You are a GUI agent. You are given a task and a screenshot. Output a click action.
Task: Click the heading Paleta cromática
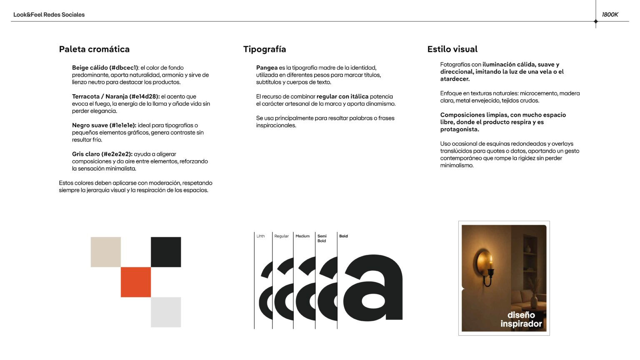pos(94,49)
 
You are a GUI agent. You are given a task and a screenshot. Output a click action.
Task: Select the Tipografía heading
pos(265,49)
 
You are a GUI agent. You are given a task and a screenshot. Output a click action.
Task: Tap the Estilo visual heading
pos(452,49)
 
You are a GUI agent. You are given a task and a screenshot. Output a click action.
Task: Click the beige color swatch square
pos(106,252)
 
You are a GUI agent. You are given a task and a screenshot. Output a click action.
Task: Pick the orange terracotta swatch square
pos(136,282)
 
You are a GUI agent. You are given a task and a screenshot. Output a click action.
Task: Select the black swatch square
pos(166,252)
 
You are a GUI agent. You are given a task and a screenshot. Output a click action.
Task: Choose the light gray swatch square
pos(166,312)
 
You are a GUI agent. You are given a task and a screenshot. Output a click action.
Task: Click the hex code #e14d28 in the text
pos(144,97)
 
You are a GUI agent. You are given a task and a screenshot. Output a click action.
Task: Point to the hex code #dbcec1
pos(124,68)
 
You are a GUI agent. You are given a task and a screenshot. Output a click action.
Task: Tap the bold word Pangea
pos(267,68)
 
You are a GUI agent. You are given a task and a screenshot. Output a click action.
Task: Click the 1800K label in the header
pos(610,15)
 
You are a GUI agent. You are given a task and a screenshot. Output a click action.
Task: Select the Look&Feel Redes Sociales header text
pos(49,15)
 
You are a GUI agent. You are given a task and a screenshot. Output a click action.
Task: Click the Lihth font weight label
pos(260,236)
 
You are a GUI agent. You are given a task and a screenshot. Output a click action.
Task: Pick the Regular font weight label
pos(281,236)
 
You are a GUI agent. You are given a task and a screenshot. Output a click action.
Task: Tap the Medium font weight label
pos(302,236)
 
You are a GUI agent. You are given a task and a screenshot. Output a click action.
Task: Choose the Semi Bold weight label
pos(322,238)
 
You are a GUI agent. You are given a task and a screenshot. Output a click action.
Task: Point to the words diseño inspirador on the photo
pos(521,320)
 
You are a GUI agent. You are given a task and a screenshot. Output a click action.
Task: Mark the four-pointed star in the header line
pos(596,21)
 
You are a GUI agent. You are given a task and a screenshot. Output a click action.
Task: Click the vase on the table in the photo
pos(533,299)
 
